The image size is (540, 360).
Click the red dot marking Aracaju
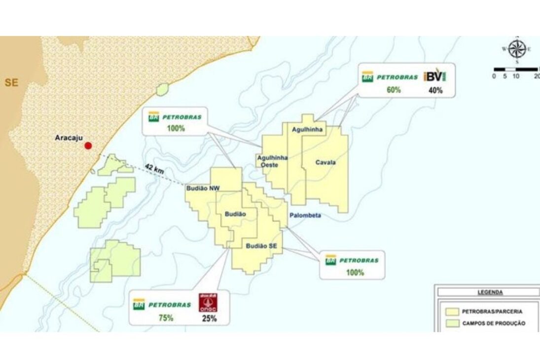point(88,145)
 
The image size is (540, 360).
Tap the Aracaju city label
point(67,139)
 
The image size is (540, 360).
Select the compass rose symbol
point(516,48)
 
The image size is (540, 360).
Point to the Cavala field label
point(325,162)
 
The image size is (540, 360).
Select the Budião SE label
point(262,246)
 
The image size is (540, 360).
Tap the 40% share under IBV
point(435,90)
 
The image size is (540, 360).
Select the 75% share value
point(166,318)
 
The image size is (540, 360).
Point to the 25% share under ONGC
point(209,319)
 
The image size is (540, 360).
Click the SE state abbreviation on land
point(11,82)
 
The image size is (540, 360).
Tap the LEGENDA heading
point(490,292)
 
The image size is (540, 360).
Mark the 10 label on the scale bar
point(516,76)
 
